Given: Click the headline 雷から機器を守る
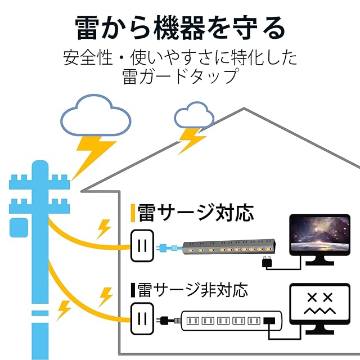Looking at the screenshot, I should (x=180, y=27).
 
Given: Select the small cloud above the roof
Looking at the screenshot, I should (x=194, y=116).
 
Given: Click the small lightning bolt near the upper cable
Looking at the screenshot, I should (x=104, y=228).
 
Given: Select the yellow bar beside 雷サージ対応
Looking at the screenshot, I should (x=132, y=213).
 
